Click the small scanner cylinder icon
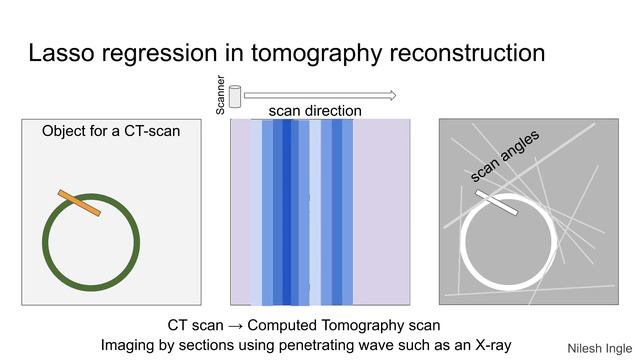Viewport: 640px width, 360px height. (236, 96)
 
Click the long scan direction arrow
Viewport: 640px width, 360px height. (320, 96)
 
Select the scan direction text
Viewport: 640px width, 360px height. (315, 111)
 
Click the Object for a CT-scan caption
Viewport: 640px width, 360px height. (111, 131)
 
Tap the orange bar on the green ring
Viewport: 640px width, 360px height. (79, 202)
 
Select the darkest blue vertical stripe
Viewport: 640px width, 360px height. (287, 210)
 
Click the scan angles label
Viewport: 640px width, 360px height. (505, 157)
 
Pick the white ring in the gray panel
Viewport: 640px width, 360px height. (462, 245)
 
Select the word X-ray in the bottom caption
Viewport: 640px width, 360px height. (489, 344)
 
